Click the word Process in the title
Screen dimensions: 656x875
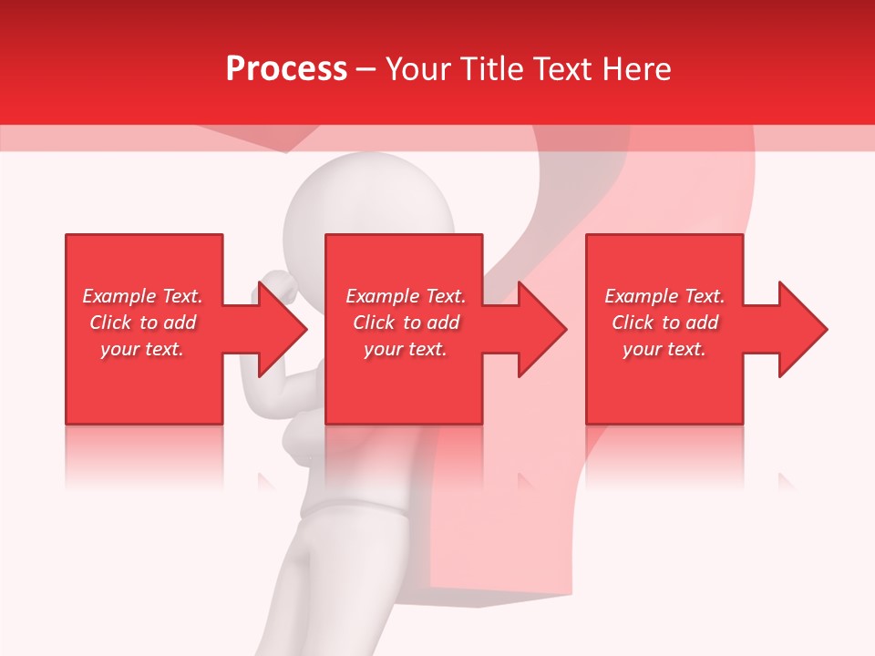click(x=286, y=69)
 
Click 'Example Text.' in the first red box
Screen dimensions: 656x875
click(x=142, y=296)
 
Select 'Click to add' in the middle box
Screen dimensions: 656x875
click(x=406, y=323)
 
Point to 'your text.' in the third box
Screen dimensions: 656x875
click(x=664, y=349)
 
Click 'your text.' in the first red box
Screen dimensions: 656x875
click(x=142, y=349)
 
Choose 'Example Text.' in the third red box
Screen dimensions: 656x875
click(x=664, y=296)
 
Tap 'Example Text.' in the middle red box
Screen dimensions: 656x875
click(x=406, y=296)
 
